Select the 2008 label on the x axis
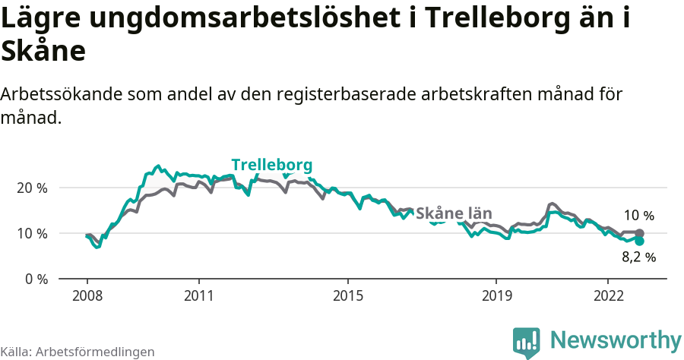point(87,295)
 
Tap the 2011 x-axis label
point(198,295)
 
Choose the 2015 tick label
point(347,295)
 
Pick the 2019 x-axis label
point(496,295)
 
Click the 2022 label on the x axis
point(607,295)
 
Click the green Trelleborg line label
point(271,166)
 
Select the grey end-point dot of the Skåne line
point(640,233)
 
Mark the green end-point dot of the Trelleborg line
point(640,241)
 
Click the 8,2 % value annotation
point(638,257)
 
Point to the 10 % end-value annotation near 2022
point(638,216)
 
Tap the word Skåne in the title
point(43,52)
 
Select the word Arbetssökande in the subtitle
point(61,95)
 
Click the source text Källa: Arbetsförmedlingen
point(78,352)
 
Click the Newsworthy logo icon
point(526,342)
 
